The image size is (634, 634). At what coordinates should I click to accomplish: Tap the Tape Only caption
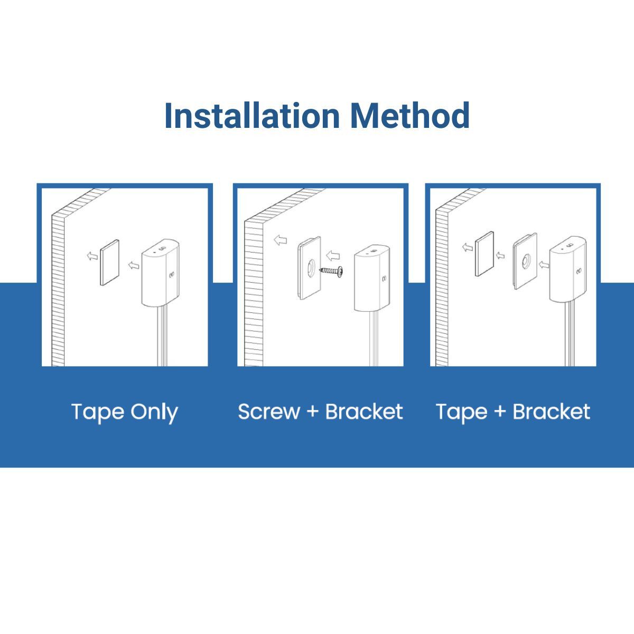pyautogui.click(x=124, y=412)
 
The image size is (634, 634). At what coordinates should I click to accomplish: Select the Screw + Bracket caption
pyautogui.click(x=320, y=412)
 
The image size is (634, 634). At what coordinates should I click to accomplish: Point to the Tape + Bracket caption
pyautogui.click(x=512, y=412)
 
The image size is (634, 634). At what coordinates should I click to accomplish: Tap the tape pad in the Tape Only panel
pyautogui.click(x=110, y=263)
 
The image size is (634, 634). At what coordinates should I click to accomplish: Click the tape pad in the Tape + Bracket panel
pyautogui.click(x=485, y=254)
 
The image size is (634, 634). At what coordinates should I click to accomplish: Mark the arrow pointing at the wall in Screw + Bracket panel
pyautogui.click(x=280, y=240)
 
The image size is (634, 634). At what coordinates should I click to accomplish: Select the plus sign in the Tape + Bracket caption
pyautogui.click(x=500, y=412)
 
